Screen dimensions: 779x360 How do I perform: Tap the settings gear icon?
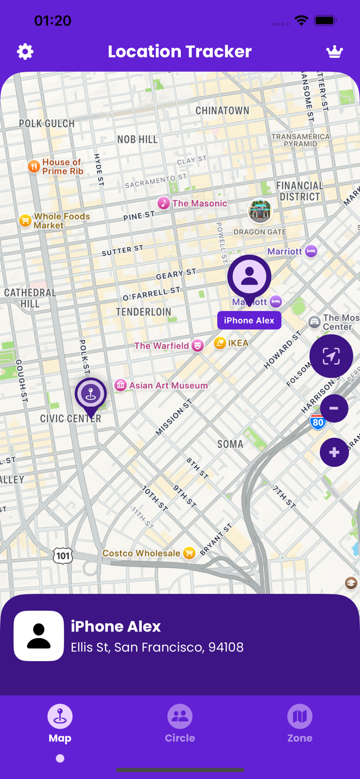25,51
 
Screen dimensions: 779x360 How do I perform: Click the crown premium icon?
335,51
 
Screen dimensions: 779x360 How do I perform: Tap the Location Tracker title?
180,51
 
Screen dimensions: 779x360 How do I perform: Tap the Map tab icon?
60,716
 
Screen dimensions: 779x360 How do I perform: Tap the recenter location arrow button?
331,356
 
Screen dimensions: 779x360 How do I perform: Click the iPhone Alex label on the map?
249,320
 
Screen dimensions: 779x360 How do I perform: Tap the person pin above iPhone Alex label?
249,277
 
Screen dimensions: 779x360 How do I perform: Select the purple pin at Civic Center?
91,394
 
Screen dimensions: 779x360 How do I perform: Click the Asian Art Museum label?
168,385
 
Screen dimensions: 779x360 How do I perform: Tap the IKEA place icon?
220,343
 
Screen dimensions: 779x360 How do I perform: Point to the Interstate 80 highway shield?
317,422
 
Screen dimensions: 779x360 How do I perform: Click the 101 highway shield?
63,556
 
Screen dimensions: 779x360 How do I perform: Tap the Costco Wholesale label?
141,553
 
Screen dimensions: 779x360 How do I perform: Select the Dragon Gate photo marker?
260,211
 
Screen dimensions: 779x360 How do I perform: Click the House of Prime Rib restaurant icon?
34,167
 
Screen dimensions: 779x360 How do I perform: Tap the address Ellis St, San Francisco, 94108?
157,647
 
